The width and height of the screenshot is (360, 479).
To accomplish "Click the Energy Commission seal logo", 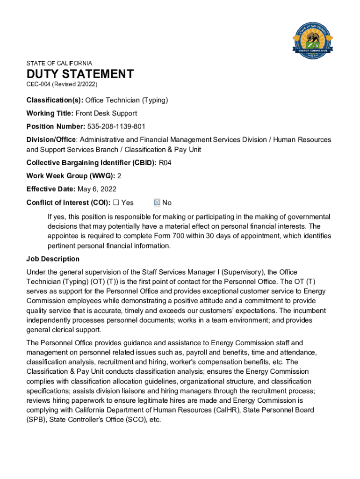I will click(312, 40).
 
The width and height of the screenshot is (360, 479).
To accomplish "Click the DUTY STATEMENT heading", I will click(80, 74).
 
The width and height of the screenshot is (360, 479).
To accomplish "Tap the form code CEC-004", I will click(38, 84).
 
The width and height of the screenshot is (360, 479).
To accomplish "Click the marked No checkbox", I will click(157, 203).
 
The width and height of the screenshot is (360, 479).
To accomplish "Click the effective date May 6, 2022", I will click(97, 189).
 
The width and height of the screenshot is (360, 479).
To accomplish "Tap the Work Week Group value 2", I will click(119, 176).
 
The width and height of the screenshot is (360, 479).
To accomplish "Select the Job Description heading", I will click(53, 259).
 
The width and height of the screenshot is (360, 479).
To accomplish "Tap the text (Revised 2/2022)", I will click(75, 84).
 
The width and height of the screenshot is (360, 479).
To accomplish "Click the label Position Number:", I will click(56, 126).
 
